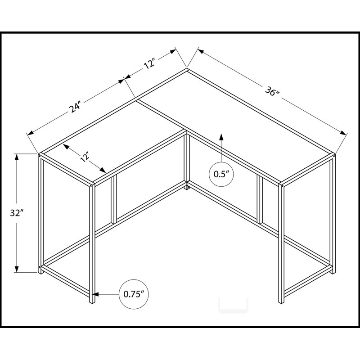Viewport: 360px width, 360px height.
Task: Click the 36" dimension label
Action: coord(272,91)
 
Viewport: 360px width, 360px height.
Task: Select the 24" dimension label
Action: coord(76,107)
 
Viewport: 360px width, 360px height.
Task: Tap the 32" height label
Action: coord(17,213)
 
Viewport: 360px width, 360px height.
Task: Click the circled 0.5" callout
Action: coord(221,174)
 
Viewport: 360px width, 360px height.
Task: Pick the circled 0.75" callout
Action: coord(134,294)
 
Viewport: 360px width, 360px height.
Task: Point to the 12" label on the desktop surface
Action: coord(85,158)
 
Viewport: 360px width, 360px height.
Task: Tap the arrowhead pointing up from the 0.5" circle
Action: coord(221,137)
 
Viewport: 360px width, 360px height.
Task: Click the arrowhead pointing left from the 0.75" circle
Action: coord(96,294)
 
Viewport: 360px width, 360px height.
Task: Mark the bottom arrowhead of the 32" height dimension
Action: coord(17,269)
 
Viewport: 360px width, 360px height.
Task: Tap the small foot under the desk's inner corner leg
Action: coord(187,188)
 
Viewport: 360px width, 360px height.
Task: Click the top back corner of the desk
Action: coord(187,68)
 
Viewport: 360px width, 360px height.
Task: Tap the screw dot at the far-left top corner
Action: coord(40,156)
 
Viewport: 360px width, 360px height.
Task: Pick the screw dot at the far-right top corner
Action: coord(334,156)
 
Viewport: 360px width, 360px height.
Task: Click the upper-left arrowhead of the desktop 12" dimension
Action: coord(66,147)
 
